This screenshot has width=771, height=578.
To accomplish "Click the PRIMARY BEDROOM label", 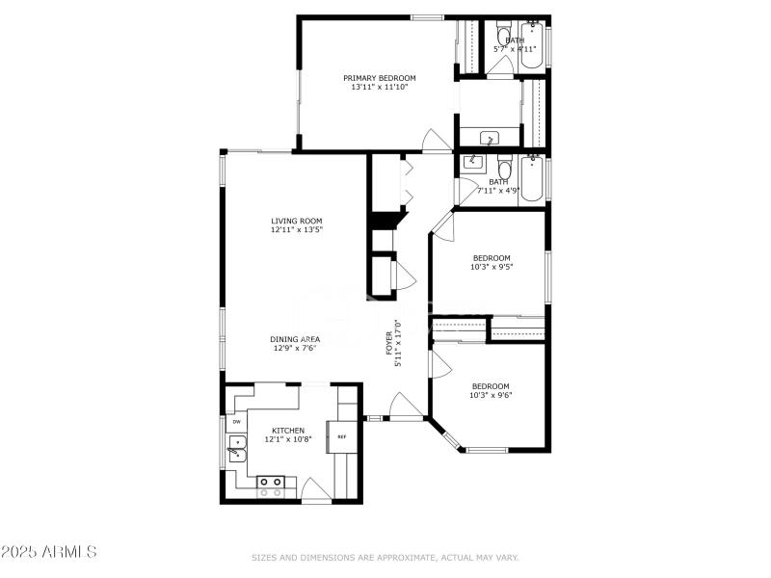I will click(380, 78).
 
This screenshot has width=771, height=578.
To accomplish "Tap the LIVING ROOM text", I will click(296, 221).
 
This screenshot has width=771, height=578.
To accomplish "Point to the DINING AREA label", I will click(295, 339).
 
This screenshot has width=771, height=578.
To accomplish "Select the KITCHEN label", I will click(288, 431).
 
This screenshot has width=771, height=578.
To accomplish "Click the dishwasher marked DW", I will click(236, 421).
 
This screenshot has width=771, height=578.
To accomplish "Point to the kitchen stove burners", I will click(271, 486).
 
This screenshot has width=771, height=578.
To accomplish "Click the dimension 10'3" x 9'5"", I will click(492, 267).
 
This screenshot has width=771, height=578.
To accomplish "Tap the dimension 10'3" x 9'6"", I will click(490, 395).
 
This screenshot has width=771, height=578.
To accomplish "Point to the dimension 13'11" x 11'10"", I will click(380, 88).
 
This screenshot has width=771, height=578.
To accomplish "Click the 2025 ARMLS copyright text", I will click(49, 552).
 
